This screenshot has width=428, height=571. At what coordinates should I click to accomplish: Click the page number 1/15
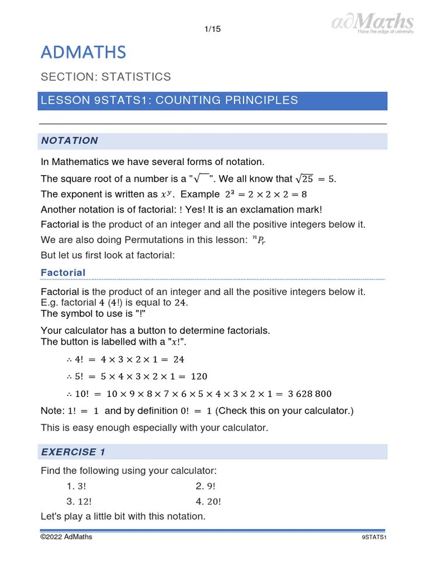click(x=213, y=30)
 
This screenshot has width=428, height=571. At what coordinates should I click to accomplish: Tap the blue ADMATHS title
click(x=84, y=53)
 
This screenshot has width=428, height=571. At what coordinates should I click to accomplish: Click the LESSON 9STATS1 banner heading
click(x=169, y=100)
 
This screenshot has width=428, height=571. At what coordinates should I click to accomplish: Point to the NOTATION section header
click(x=70, y=141)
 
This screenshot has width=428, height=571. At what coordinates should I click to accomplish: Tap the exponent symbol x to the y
click(x=166, y=195)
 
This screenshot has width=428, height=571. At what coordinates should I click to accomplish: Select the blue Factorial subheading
click(x=63, y=273)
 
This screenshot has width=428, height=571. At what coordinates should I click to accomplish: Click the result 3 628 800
click(x=309, y=394)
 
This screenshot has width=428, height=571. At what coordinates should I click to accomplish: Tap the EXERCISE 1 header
click(x=73, y=452)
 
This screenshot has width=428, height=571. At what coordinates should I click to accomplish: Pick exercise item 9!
click(x=206, y=486)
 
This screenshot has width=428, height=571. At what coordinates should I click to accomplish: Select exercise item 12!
click(x=79, y=501)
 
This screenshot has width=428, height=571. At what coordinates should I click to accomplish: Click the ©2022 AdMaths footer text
click(x=66, y=537)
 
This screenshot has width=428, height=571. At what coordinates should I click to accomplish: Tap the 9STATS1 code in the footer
click(x=374, y=538)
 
